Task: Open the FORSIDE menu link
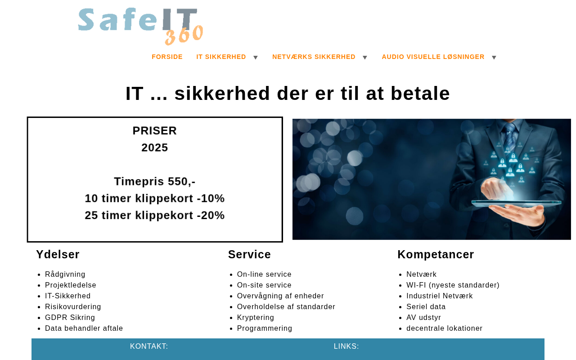point(167,57)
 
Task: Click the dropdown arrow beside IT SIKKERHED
point(255,57)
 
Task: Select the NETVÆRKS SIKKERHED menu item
point(314,57)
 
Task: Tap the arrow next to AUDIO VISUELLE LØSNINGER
point(494,57)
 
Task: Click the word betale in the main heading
point(420,93)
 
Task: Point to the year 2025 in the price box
point(154,148)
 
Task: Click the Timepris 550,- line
point(154,181)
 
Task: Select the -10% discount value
point(211,198)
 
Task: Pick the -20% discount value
point(211,215)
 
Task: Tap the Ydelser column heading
point(58,254)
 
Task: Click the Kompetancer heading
point(436,254)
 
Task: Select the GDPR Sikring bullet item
point(70,317)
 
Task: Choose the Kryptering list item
point(255,317)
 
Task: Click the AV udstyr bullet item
point(423,317)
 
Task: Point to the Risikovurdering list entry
point(73,306)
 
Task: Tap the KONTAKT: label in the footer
point(149,346)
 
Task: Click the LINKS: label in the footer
point(346,346)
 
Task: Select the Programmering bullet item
point(265,328)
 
